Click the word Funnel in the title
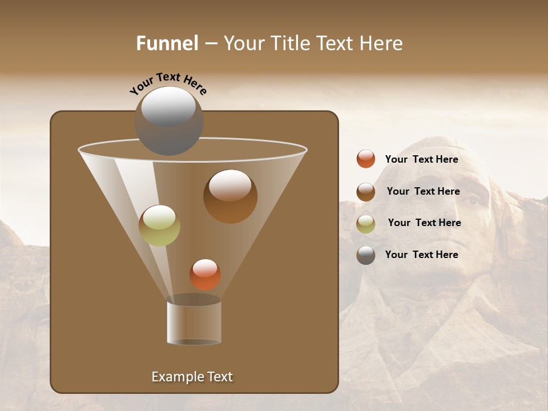[167, 43]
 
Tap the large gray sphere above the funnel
[168, 120]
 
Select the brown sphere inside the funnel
[230, 196]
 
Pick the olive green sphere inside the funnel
[159, 225]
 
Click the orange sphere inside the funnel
[205, 274]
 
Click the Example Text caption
[192, 377]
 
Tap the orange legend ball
[366, 159]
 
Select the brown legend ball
[366, 192]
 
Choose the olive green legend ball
[366, 224]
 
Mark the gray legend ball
[366, 255]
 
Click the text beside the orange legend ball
[421, 160]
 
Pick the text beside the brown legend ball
[423, 192]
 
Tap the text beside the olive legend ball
[424, 223]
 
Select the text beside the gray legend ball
[421, 255]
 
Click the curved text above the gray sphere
[168, 82]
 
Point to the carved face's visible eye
[473, 201]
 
